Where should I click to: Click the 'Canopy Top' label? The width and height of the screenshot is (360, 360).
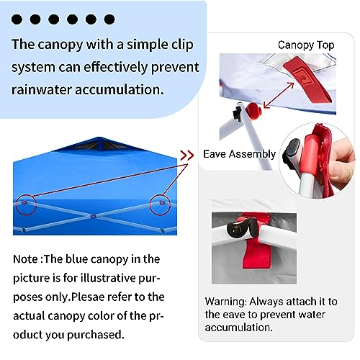click(306, 45)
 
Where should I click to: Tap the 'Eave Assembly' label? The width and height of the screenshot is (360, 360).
click(239, 153)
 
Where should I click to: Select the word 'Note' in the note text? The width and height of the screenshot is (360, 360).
click(28, 258)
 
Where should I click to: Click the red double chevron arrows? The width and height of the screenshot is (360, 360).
click(186, 154)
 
